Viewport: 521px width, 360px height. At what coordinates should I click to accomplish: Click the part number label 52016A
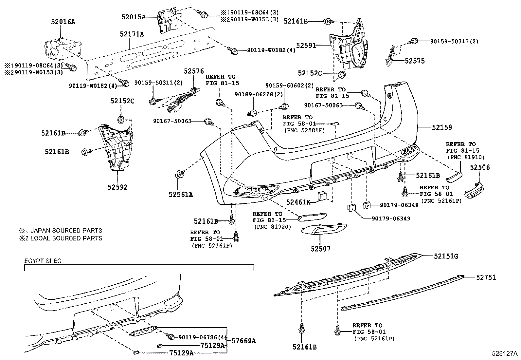[63, 22]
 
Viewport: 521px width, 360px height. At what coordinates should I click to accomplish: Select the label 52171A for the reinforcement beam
[132, 34]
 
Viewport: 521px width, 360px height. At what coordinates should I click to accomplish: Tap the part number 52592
[117, 187]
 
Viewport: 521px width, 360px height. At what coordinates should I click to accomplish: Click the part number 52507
[320, 249]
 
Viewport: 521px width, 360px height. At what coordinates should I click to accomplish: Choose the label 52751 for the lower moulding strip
[486, 277]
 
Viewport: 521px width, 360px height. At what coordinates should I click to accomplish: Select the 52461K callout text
[298, 202]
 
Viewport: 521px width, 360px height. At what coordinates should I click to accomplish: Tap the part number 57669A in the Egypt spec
[243, 341]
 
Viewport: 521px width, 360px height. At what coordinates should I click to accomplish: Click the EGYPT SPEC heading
[43, 261]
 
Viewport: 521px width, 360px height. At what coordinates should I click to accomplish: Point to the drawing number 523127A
[504, 353]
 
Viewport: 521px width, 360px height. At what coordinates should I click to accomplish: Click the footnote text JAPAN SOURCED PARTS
[65, 231]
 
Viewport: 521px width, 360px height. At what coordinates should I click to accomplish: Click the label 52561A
[181, 195]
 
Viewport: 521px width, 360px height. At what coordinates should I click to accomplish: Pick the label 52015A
[133, 17]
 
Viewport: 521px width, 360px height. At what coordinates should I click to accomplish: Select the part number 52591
[306, 46]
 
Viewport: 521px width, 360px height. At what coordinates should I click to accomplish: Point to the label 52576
[193, 71]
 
